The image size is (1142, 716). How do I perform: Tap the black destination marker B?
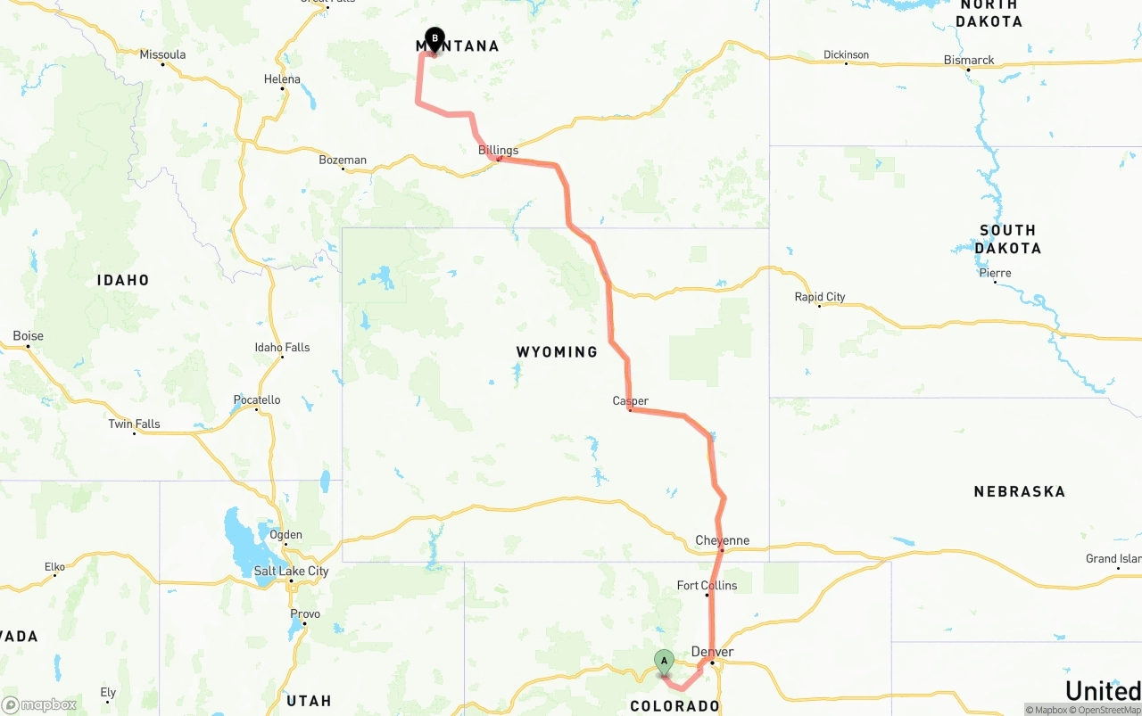pos(434,38)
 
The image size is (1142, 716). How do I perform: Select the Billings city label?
pos(498,150)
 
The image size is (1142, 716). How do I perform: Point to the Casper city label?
pos(630,401)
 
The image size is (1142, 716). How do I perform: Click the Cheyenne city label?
pos(722,540)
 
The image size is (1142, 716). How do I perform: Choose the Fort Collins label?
pos(707,586)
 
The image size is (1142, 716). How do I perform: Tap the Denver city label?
pos(712,652)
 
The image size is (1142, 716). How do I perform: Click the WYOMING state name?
pos(557,352)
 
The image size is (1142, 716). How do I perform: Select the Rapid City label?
pos(820,297)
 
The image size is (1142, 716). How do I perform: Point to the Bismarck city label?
pos(969,60)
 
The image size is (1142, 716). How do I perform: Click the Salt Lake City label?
pos(291,571)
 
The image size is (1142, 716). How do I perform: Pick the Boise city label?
pos(28,336)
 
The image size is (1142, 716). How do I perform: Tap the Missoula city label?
pos(162,54)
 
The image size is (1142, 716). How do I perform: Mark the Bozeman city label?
pos(343,160)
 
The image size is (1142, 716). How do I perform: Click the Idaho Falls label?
pos(282,347)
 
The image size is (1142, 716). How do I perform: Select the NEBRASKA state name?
pos(1019,491)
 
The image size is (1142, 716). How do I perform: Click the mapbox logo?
pos(39,704)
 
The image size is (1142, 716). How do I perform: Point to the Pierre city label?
pos(995,273)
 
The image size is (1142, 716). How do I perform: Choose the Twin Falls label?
pos(134,424)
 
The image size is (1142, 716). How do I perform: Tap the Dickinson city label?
pos(846,54)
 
